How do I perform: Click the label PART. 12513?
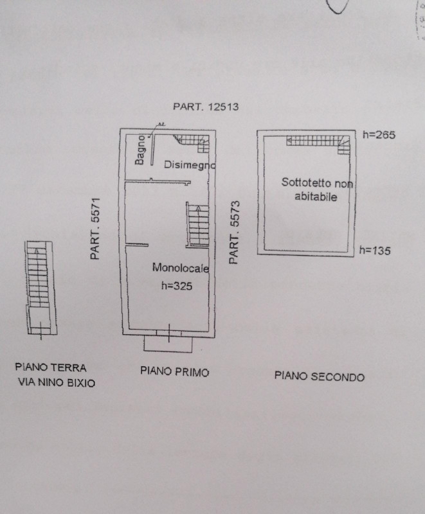206,107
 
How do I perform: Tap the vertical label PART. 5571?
95,229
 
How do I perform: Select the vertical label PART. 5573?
235,233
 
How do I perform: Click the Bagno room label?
140,150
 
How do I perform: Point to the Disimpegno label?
190,165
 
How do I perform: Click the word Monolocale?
181,268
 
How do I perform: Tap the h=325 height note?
177,286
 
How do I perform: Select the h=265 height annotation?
379,135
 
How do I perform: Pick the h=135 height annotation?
375,251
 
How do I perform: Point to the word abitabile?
316,197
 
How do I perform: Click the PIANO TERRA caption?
51,368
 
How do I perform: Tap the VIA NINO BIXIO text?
57,382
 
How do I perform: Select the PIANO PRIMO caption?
175,372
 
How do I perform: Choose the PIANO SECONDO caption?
320,377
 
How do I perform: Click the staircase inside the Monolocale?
198,225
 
